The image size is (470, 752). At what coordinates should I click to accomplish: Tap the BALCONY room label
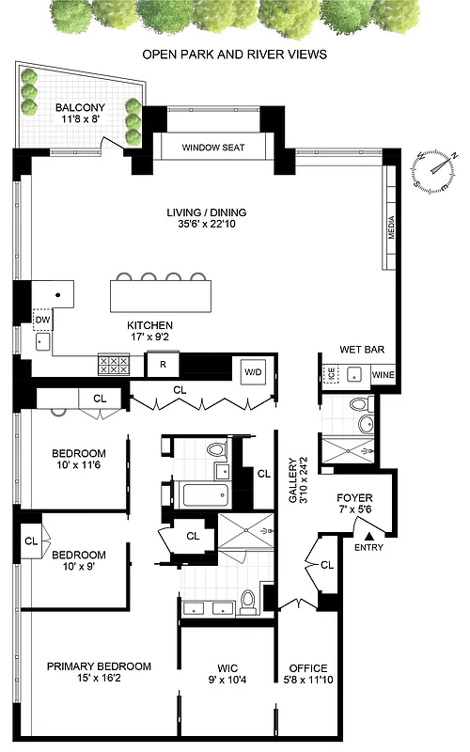click(80, 107)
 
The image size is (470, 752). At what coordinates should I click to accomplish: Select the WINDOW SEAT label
click(212, 147)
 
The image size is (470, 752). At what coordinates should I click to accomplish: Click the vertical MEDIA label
click(391, 226)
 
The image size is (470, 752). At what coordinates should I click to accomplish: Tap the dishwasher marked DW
click(42, 320)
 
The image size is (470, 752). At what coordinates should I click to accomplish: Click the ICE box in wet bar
click(330, 372)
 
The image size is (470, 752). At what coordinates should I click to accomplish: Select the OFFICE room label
click(306, 668)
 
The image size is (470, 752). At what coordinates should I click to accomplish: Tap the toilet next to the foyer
click(359, 406)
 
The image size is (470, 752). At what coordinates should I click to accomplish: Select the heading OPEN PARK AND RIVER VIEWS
click(234, 55)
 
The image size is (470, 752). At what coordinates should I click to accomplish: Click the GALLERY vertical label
click(292, 480)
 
